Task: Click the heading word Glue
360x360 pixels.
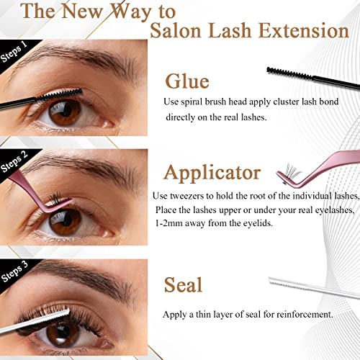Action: [x=187, y=81]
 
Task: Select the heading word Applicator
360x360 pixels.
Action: [x=212, y=174]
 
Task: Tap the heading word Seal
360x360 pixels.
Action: [x=183, y=284]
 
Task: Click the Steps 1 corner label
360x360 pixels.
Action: [x=14, y=52]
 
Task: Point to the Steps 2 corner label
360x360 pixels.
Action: [x=14, y=161]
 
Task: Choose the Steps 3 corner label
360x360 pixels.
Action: [x=14, y=271]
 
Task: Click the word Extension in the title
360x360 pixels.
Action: [x=304, y=31]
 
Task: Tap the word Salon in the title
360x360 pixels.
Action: [x=176, y=31]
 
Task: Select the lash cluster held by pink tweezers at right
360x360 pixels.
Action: [x=291, y=173]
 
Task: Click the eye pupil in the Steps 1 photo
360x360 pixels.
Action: [x=67, y=111]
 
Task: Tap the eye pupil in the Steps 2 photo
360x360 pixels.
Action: [x=67, y=220]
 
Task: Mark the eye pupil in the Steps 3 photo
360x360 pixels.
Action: [x=64, y=330]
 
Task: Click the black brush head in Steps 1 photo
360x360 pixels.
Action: [x=59, y=94]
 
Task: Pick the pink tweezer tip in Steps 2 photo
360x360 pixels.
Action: [x=70, y=200]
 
